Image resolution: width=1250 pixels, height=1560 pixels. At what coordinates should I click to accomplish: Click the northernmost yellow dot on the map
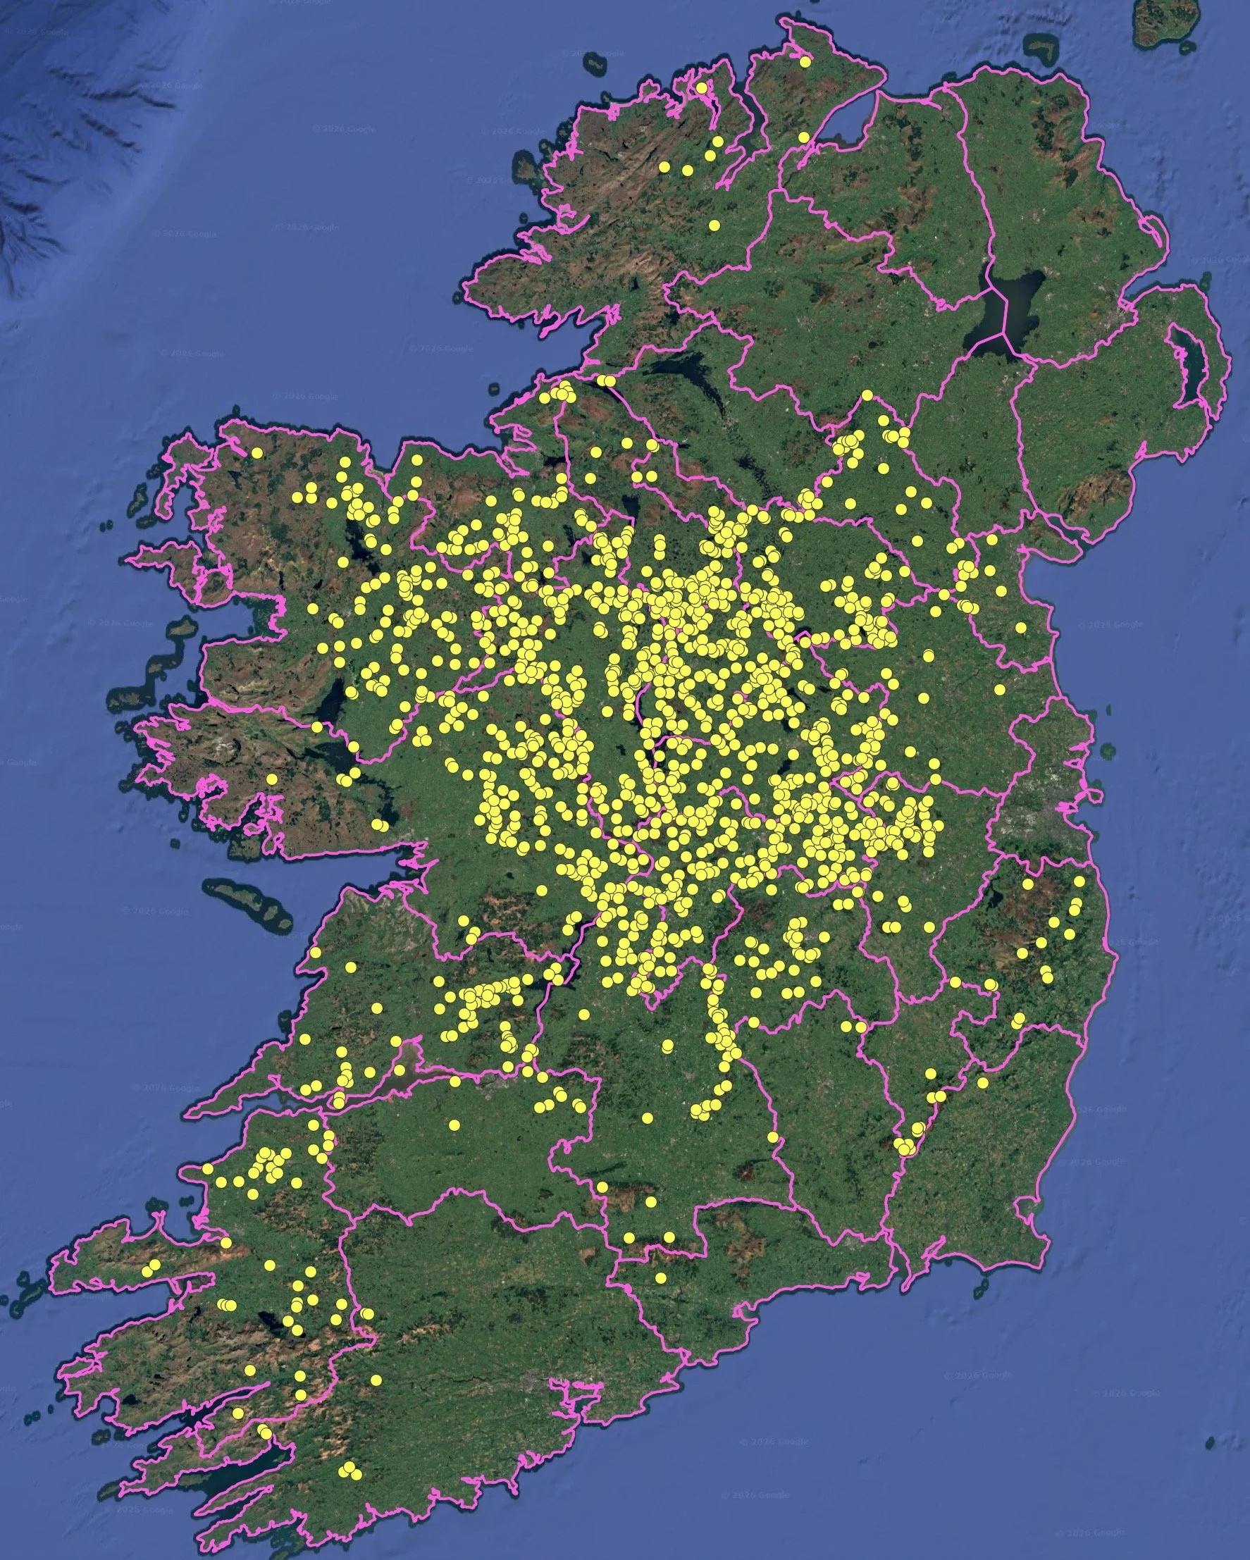point(805,62)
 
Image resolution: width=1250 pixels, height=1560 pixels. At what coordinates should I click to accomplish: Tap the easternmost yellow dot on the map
point(1080,881)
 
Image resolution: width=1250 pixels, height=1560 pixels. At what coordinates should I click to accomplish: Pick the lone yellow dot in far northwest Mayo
point(256,453)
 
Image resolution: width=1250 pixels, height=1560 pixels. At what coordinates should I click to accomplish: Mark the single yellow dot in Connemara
point(271,779)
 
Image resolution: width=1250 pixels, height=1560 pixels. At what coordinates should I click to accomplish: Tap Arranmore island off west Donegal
point(526,168)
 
